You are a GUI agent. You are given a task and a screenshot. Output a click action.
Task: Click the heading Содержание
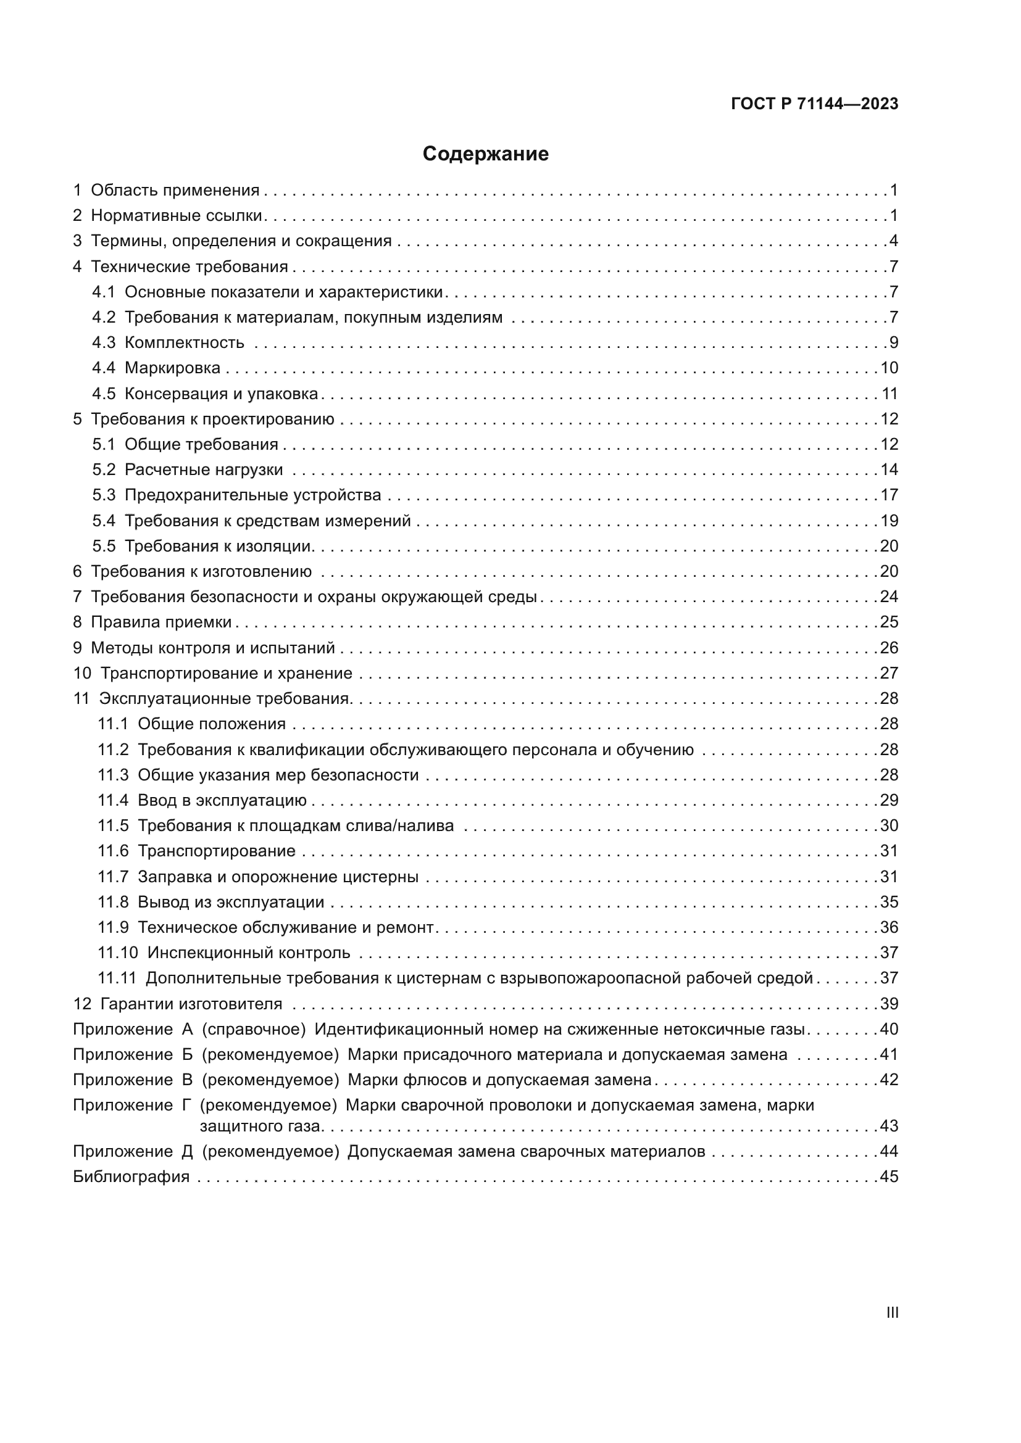[485, 154]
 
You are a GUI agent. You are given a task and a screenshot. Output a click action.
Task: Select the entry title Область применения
[175, 191]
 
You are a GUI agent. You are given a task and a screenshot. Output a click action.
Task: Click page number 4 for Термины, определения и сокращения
[893, 241]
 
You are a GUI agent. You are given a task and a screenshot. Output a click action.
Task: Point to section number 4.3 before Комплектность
[104, 343]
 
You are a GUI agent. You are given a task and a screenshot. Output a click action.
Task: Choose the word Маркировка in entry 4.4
[172, 368]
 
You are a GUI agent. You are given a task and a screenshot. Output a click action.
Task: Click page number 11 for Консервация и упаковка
[890, 394]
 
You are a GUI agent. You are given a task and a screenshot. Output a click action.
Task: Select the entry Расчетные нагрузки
[204, 470]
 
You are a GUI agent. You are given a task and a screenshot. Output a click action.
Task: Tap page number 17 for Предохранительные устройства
[889, 495]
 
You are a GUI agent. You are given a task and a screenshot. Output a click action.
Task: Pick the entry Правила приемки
[161, 622]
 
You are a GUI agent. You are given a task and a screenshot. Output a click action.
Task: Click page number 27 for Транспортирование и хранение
[889, 674]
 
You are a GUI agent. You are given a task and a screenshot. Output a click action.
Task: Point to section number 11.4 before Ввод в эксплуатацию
[113, 801]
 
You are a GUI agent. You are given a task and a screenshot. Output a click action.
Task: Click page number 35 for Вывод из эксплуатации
[889, 903]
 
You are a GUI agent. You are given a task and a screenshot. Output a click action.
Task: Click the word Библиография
[131, 1176]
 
